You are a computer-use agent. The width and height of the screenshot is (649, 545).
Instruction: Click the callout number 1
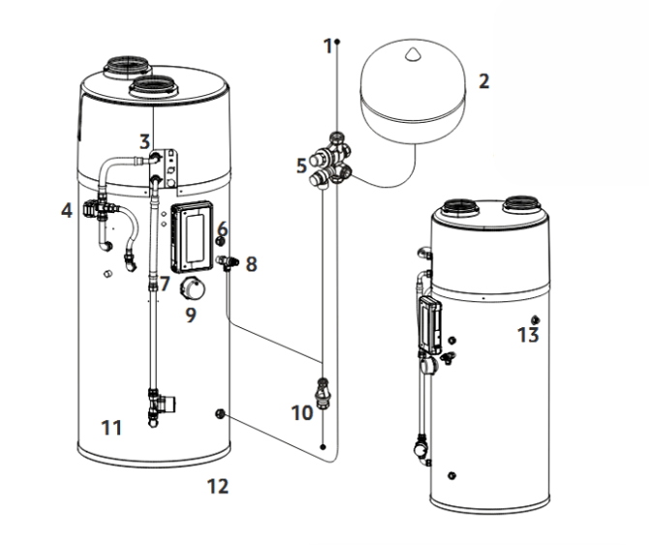pos(327,45)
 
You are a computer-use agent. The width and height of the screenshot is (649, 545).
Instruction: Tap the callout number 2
pos(482,81)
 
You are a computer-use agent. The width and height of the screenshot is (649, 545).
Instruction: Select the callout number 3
pos(143,142)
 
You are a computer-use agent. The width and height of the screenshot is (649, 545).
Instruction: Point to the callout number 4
pos(66,208)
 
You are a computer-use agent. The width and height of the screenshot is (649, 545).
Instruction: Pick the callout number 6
pos(222,227)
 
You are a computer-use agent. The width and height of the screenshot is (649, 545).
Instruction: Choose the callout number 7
pos(165,284)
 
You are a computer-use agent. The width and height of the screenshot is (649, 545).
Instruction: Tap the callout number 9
pos(191,316)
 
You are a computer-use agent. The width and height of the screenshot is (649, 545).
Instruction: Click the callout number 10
pos(301,412)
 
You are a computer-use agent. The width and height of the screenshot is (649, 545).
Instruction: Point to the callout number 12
pos(218,486)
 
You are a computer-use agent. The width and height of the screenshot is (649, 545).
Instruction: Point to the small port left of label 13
pos(535,318)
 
